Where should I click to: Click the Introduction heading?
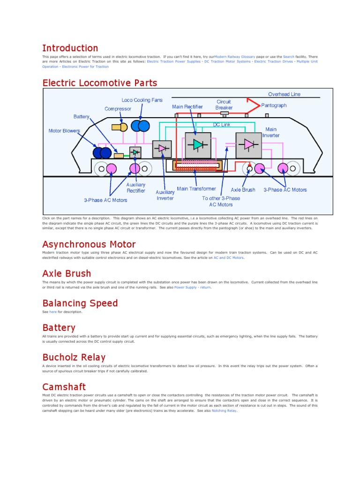(70, 48)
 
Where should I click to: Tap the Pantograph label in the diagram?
(273, 105)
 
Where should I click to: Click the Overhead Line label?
(284, 94)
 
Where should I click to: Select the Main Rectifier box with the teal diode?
(198, 145)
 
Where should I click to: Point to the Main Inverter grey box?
(248, 145)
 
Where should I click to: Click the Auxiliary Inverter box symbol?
(163, 149)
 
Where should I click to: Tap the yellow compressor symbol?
(119, 127)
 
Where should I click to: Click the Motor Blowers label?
(64, 131)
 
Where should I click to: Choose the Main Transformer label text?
(196, 189)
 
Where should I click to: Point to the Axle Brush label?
(243, 190)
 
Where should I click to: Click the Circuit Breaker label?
(224, 105)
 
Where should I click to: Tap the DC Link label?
(223, 125)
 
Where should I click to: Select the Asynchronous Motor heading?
(89, 244)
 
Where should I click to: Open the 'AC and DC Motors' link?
(229, 258)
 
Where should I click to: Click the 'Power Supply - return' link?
(192, 287)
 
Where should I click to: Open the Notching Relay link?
(224, 411)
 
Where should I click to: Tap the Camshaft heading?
(64, 387)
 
